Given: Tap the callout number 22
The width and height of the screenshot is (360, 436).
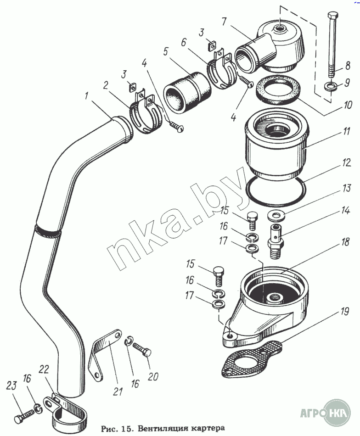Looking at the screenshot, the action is click(x=43, y=370).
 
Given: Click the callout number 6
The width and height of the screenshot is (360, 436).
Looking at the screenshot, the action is click(x=184, y=42).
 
